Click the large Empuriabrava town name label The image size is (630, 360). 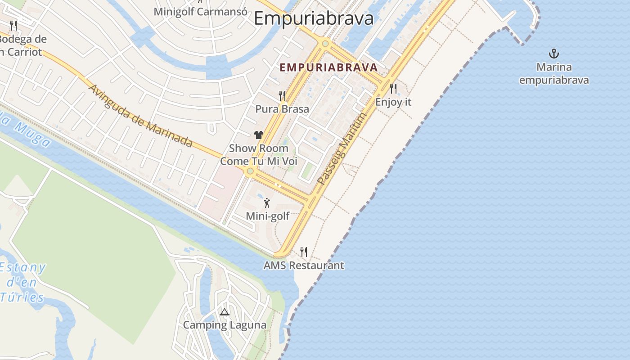tap(314, 18)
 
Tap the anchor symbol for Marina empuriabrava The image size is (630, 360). tap(553, 54)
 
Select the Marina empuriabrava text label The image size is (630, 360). tap(554, 74)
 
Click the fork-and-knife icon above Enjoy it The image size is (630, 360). tap(393, 88)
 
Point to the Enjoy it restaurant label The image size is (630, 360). tap(393, 102)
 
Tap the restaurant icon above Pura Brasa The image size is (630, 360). tap(282, 95)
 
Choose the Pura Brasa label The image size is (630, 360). tap(282, 109)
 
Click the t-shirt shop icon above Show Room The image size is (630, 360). tap(258, 135)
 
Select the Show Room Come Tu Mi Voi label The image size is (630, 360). tap(259, 154)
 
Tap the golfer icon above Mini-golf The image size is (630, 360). tap(267, 203)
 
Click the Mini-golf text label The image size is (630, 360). tap(267, 216)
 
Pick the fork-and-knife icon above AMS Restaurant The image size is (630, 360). tap(304, 252)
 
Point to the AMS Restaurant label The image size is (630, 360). tap(304, 265)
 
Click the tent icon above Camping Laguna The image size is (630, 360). tap(224, 312)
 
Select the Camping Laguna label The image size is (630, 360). tap(224, 325)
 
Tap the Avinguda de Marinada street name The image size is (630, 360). tap(141, 116)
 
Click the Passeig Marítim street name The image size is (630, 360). tap(342, 149)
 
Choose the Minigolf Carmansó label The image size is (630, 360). tap(200, 11)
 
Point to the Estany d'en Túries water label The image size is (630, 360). tap(22, 282)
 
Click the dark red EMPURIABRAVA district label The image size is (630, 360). tap(328, 67)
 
